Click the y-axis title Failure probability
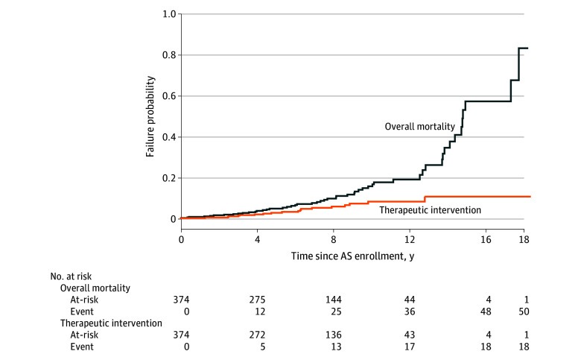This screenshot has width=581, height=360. pyautogui.click(x=150, y=116)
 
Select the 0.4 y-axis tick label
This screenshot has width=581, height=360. pyautogui.click(x=169, y=137)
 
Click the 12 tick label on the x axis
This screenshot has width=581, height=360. pyautogui.click(x=410, y=239)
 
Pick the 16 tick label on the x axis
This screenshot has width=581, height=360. pyautogui.click(x=486, y=239)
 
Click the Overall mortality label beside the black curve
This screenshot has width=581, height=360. pyautogui.click(x=420, y=127)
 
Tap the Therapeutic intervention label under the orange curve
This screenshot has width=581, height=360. pyautogui.click(x=431, y=210)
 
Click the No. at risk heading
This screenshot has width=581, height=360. pyautogui.click(x=71, y=277)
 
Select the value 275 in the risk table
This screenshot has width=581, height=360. pyautogui.click(x=257, y=300)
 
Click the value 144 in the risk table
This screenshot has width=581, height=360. pyautogui.click(x=334, y=300)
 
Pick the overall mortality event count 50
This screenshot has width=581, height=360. pyautogui.click(x=524, y=312)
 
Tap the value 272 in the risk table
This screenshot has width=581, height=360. pyautogui.click(x=257, y=335)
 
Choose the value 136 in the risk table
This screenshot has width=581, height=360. pyautogui.click(x=334, y=335)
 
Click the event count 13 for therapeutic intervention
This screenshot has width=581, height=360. pyautogui.click(x=336, y=347)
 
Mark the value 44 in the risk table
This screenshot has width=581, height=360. pyautogui.click(x=410, y=300)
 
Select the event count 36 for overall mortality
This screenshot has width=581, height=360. pyautogui.click(x=410, y=312)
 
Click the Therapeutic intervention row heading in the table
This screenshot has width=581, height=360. pyautogui.click(x=111, y=323)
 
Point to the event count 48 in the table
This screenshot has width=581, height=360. pyautogui.click(x=486, y=312)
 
